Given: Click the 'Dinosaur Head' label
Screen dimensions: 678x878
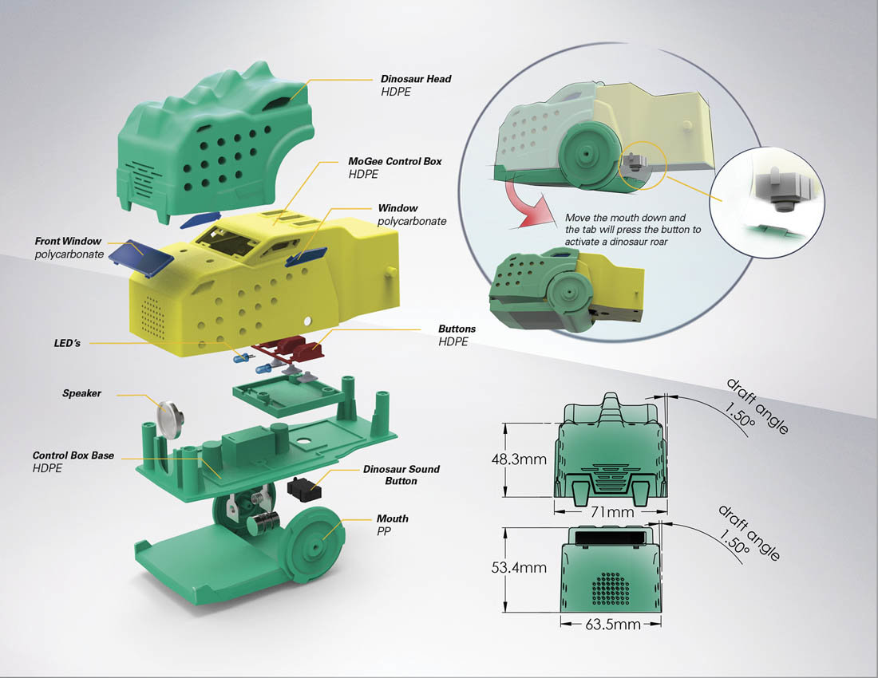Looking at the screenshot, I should (416, 79).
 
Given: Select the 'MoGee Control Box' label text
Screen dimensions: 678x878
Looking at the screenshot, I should (395, 161).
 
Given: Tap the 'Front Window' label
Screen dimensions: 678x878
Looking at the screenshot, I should (69, 241).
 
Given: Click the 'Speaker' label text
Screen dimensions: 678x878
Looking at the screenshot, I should (82, 393).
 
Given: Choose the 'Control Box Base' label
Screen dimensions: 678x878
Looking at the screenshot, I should (73, 455).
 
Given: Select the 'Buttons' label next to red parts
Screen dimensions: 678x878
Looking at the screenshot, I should (457, 329).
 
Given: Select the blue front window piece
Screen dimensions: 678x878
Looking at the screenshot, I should (139, 256).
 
